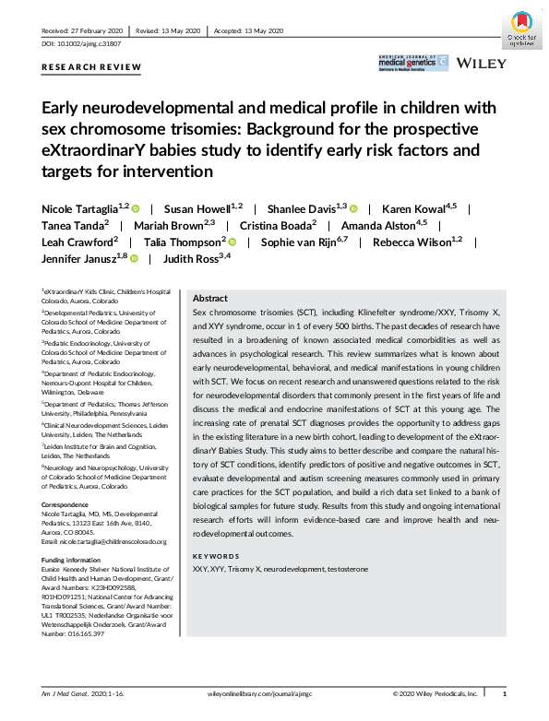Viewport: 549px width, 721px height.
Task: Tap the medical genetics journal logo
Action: click(412, 63)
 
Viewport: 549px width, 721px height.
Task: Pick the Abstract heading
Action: click(209, 299)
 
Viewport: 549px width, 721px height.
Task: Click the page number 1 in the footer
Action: click(504, 690)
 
